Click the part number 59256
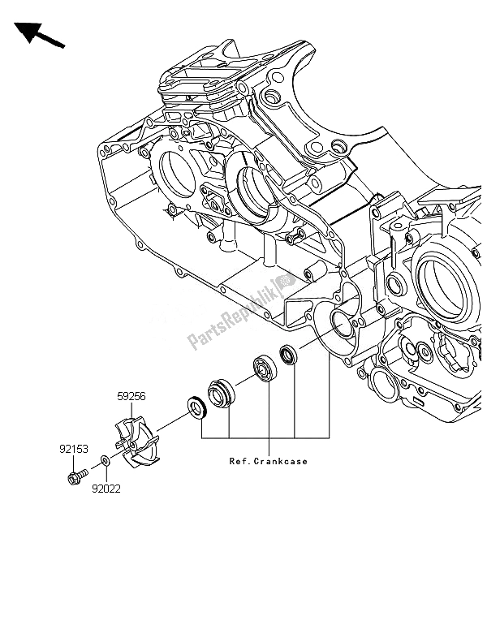[x=131, y=396]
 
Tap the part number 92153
[x=74, y=449]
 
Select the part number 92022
[x=106, y=489]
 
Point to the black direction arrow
[x=39, y=34]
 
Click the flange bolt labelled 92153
[x=77, y=476]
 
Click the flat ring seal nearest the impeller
[x=197, y=408]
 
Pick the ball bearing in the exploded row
[x=265, y=368]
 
